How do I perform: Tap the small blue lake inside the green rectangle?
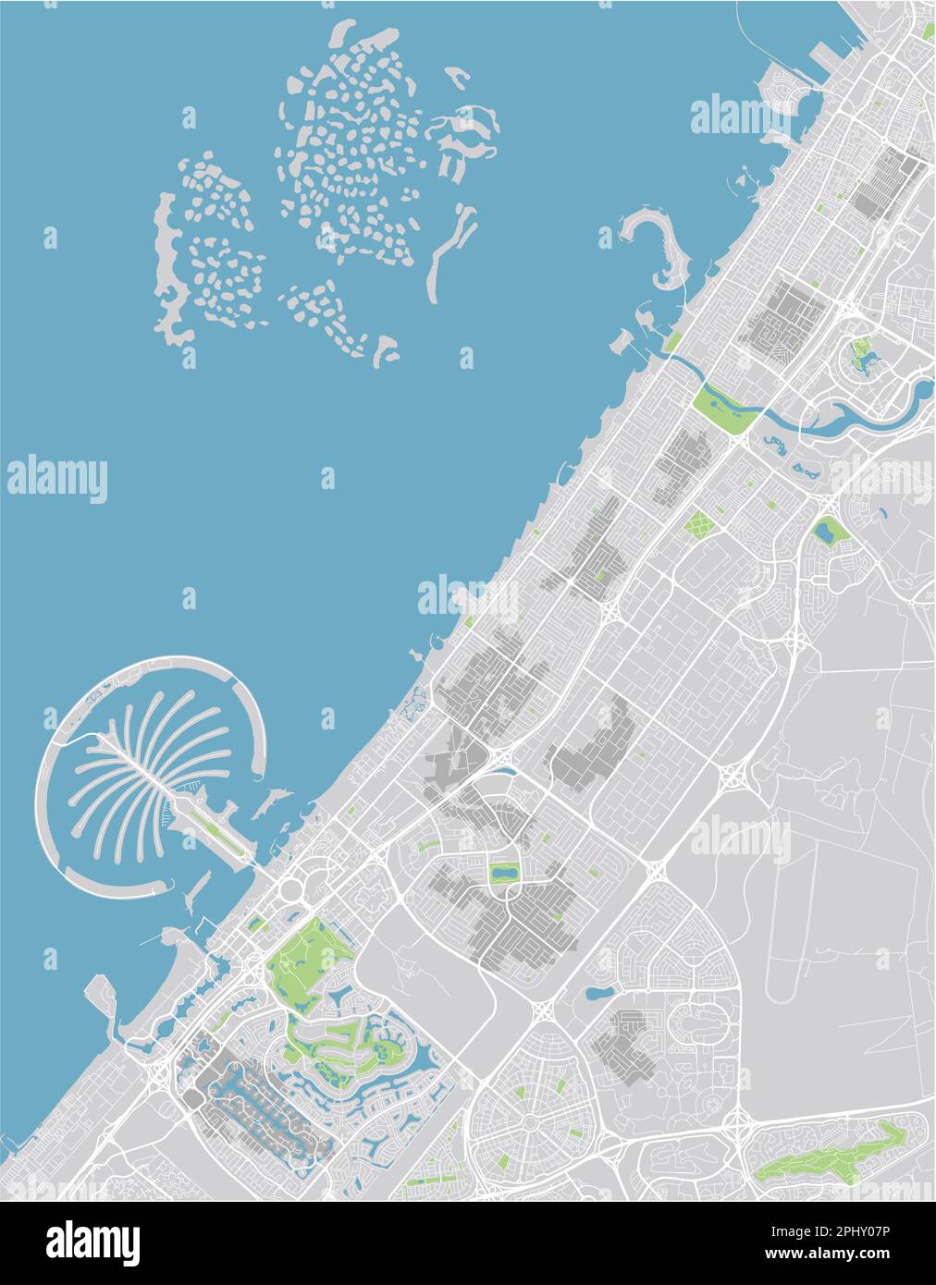(505, 872)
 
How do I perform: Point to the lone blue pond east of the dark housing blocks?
(597, 995)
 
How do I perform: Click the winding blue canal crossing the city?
(832, 416)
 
